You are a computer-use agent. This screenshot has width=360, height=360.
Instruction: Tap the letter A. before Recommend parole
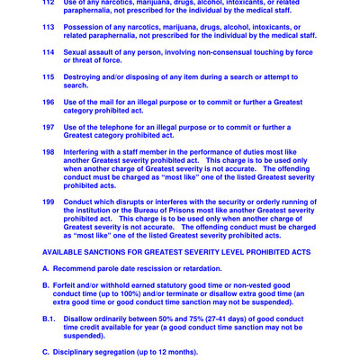[46, 268]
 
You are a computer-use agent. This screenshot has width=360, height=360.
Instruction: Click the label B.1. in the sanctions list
[49, 319]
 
